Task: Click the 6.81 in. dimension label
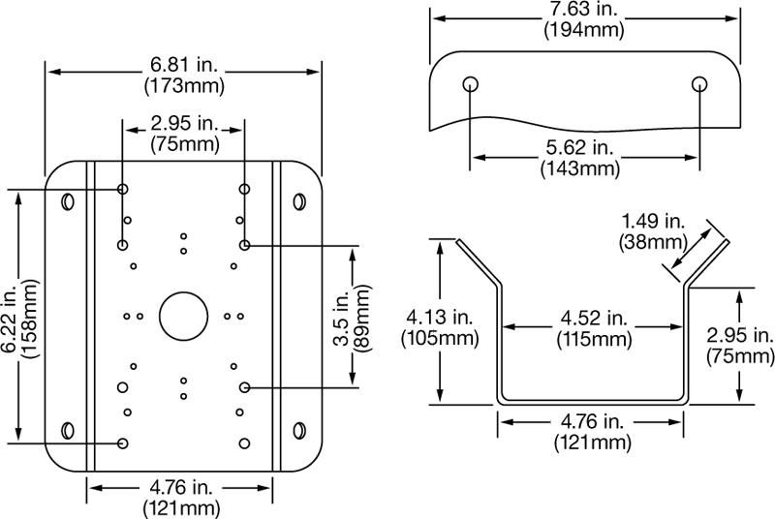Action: pyautogui.click(x=184, y=65)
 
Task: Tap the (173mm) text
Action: pyautogui.click(x=184, y=85)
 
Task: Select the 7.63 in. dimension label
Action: pyautogui.click(x=582, y=9)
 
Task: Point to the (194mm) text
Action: pyautogui.click(x=582, y=28)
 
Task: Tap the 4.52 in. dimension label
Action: pyautogui.click(x=590, y=319)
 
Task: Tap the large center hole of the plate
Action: pyautogui.click(x=183, y=316)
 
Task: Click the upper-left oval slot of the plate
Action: pyautogui.click(x=68, y=202)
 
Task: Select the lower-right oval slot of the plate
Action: pyautogui.click(x=299, y=429)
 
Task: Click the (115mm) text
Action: pyautogui.click(x=590, y=339)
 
